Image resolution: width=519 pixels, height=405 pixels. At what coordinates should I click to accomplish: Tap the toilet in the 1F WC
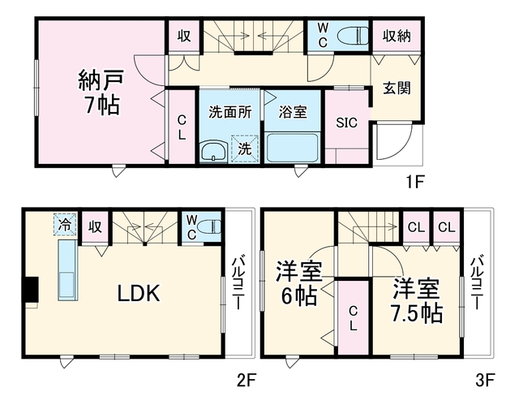tap(353, 36)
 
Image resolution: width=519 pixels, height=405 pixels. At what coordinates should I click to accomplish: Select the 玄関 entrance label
tap(397, 88)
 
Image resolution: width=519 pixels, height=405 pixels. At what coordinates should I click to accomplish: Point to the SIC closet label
tap(346, 123)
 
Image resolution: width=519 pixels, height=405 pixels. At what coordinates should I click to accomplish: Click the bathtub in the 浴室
tap(292, 148)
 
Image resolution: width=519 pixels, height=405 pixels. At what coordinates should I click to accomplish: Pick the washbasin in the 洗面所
tap(214, 152)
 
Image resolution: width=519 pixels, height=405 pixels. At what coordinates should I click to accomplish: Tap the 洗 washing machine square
tap(245, 149)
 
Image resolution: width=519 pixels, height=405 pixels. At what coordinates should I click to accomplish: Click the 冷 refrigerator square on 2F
tap(65, 225)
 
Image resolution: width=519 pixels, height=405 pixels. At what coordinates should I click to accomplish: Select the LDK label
tap(139, 293)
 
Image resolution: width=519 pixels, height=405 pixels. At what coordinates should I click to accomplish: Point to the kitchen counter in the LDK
tap(68, 270)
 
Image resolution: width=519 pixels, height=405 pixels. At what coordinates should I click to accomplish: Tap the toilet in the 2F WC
tap(209, 227)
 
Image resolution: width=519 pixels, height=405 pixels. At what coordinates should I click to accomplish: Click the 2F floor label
tap(247, 381)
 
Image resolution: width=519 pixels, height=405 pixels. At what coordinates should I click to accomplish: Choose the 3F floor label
tap(485, 381)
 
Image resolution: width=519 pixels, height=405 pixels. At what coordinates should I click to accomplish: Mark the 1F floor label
tap(415, 182)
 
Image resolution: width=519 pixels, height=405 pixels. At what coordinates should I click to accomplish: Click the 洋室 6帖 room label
tap(298, 282)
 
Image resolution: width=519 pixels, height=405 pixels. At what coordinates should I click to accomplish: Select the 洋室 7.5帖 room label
tap(417, 300)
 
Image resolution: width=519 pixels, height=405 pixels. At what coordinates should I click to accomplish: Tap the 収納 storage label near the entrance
tap(397, 36)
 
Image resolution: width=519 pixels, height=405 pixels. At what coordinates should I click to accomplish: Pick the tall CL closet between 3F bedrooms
tap(354, 318)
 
